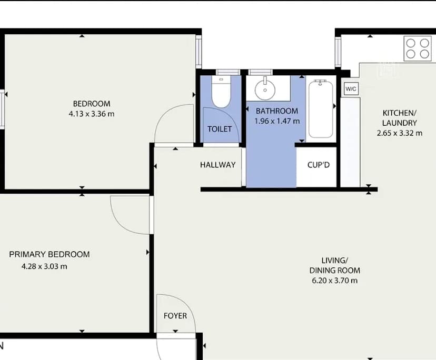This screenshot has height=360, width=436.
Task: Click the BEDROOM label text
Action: (92, 104)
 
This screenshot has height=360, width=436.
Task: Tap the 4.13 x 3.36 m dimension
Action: (92, 114)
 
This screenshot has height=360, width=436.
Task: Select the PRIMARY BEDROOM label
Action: (49, 254)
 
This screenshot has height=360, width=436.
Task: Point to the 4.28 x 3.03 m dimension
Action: (44, 266)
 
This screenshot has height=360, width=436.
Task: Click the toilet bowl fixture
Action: (220, 94)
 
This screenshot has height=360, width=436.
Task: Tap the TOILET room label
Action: (220, 129)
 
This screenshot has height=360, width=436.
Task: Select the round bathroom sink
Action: (264, 89)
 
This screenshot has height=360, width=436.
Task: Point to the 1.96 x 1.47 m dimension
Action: (277, 121)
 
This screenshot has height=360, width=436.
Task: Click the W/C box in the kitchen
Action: (351, 88)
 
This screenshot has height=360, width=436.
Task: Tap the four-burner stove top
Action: (417, 48)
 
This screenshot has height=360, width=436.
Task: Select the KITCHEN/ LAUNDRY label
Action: (399, 118)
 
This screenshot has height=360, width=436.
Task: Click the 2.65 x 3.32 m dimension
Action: (399, 133)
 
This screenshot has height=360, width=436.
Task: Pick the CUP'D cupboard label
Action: (319, 165)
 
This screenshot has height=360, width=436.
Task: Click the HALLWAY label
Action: (217, 165)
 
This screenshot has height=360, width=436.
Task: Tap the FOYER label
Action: (175, 316)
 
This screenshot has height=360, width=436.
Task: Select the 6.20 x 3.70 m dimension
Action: (334, 281)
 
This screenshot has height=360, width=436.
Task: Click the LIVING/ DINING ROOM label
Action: (334, 265)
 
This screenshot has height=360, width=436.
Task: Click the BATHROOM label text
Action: (277, 111)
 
